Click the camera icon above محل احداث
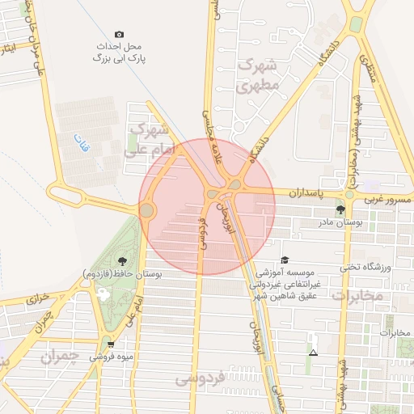[x=120, y=35]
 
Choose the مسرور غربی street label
[x=387, y=199]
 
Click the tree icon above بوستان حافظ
[x=121, y=260]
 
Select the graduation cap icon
[x=284, y=260]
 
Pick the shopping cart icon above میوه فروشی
[x=99, y=344]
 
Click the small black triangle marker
[x=313, y=353]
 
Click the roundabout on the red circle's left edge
[x=146, y=210]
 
